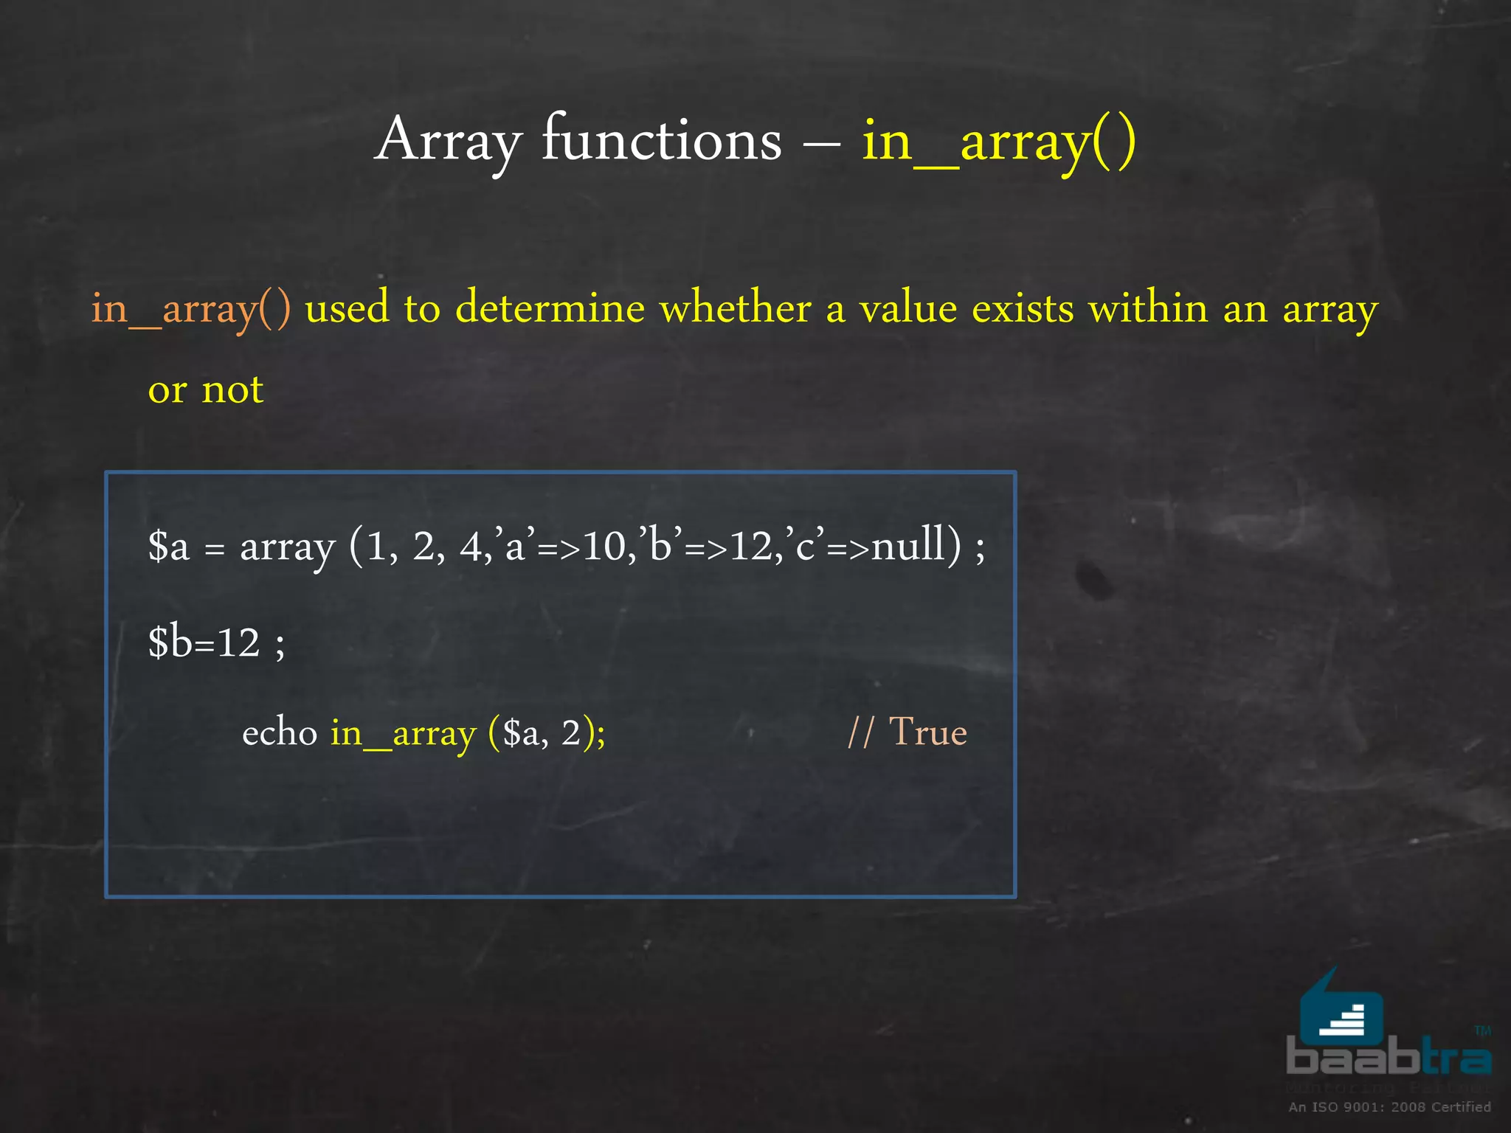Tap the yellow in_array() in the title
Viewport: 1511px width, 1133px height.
click(998, 142)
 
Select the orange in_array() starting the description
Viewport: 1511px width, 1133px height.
click(190, 308)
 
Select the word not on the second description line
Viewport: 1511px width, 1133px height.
click(232, 389)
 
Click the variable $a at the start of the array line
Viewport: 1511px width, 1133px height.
click(168, 547)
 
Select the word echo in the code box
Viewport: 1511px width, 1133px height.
click(280, 732)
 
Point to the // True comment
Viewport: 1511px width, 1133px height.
click(907, 732)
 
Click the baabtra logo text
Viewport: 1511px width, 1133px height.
click(1388, 1056)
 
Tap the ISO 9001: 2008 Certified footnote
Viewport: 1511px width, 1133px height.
click(1389, 1107)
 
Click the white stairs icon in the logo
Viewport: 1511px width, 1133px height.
click(1342, 1020)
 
